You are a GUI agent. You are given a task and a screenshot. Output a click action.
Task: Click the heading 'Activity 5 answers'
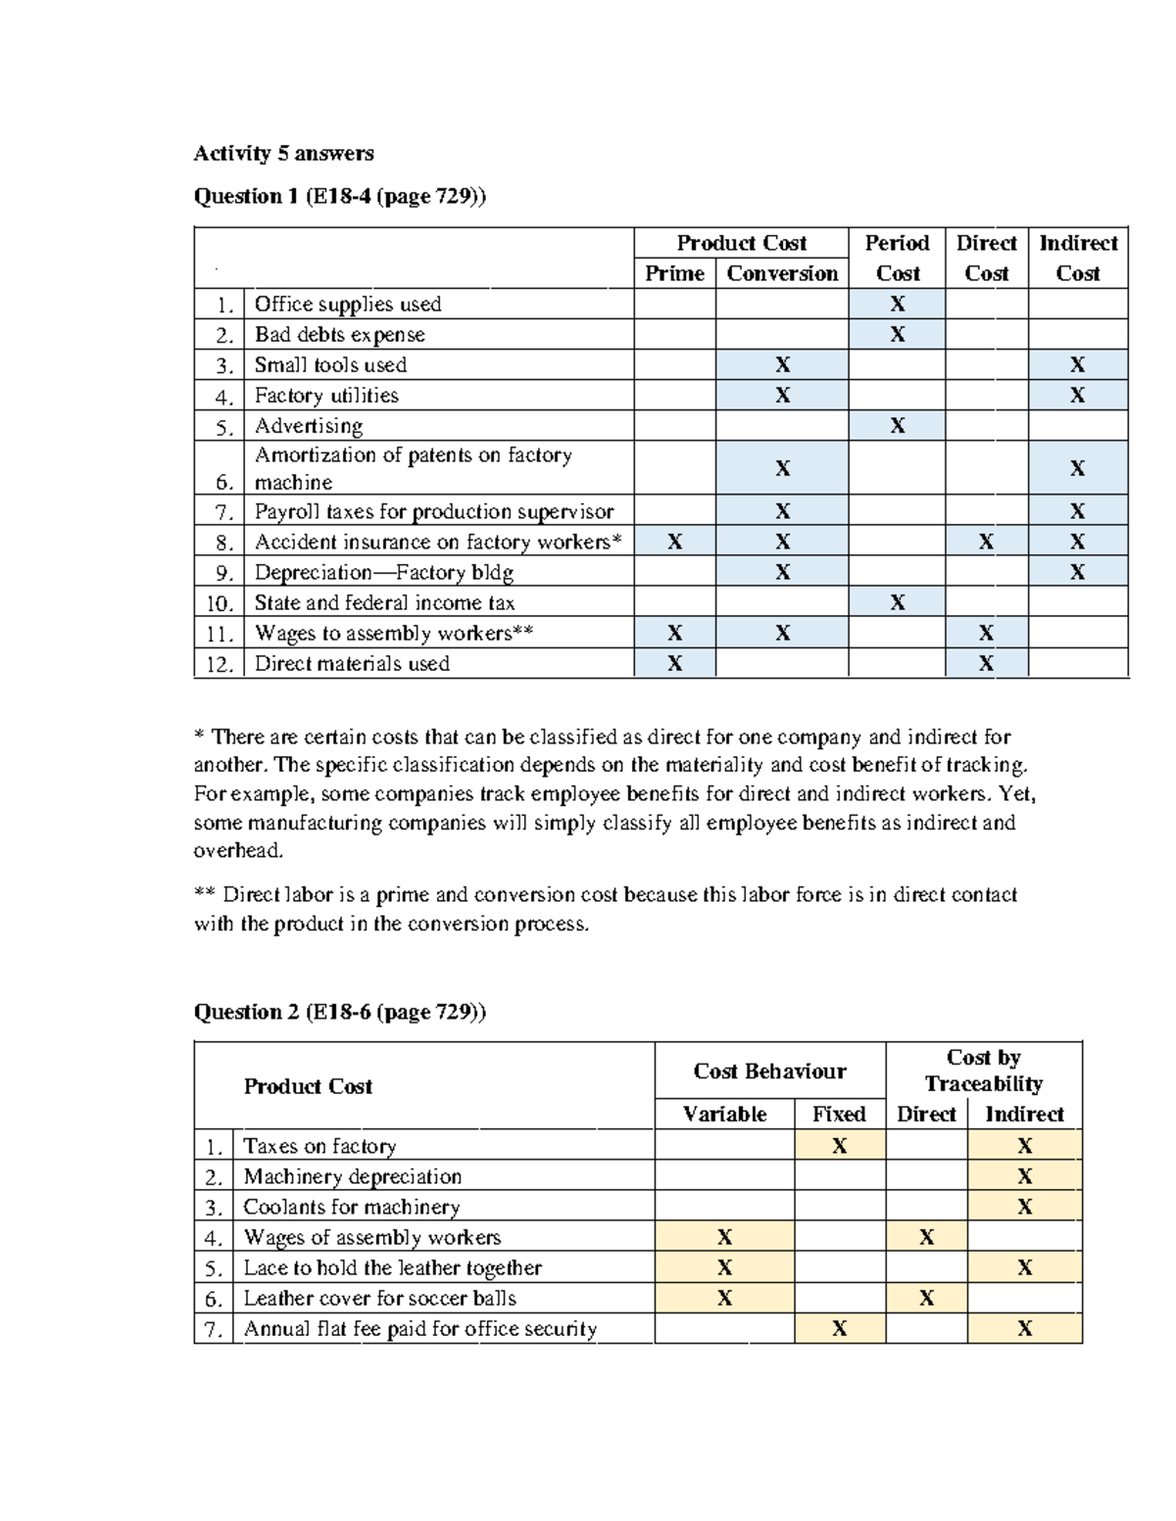click(x=283, y=153)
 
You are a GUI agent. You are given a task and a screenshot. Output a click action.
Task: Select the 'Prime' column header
click(x=674, y=273)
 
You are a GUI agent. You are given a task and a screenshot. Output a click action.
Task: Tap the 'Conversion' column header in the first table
click(x=782, y=273)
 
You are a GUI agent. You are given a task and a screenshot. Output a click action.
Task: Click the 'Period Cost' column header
click(x=897, y=258)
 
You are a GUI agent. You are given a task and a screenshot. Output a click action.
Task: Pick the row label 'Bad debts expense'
click(x=339, y=335)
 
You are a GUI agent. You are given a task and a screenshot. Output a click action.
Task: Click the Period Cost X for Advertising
click(x=897, y=426)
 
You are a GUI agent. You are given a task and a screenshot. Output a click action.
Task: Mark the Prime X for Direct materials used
click(x=674, y=664)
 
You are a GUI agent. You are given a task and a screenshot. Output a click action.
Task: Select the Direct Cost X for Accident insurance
click(x=986, y=542)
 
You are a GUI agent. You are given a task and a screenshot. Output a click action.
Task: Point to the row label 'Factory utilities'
click(x=326, y=396)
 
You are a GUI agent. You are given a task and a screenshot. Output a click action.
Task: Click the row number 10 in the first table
click(x=220, y=603)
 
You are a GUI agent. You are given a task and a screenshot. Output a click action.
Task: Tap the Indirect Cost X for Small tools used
click(x=1077, y=365)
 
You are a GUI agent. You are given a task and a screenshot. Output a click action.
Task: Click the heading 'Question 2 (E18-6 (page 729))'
click(x=339, y=1012)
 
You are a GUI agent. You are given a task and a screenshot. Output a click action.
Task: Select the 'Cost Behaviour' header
click(x=769, y=1070)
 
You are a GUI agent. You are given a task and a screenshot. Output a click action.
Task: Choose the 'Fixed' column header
click(x=839, y=1114)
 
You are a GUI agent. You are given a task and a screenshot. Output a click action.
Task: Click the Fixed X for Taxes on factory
click(x=839, y=1146)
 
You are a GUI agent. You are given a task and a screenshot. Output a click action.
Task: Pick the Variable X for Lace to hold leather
click(x=724, y=1267)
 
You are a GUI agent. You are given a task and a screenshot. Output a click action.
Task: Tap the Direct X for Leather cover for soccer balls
click(x=926, y=1298)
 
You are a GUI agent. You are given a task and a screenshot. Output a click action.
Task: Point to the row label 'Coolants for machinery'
click(x=351, y=1207)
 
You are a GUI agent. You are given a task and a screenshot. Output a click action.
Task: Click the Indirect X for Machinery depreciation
click(x=1024, y=1176)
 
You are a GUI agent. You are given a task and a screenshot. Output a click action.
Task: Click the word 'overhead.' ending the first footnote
click(x=238, y=851)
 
